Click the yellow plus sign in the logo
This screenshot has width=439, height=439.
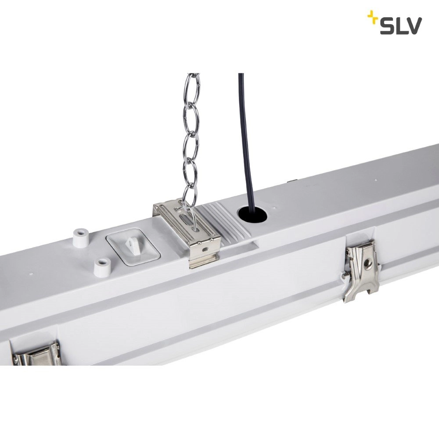pos(372,18)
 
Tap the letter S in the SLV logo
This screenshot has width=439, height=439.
pos(387,26)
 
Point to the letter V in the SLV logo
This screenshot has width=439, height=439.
pos(413,26)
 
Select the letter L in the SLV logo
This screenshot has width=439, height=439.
pos(399,26)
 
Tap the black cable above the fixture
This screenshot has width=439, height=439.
pos(241,132)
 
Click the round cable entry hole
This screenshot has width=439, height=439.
pos(252,215)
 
